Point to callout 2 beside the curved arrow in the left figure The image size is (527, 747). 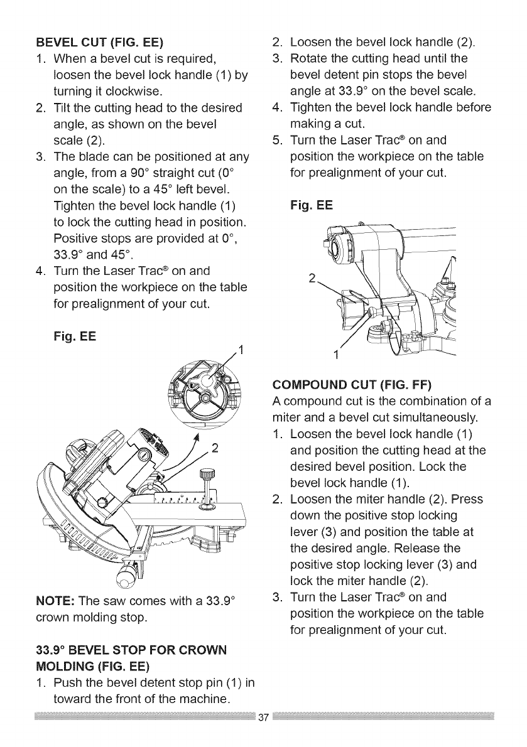pos(215,447)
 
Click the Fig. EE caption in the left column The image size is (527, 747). pos(77,336)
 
